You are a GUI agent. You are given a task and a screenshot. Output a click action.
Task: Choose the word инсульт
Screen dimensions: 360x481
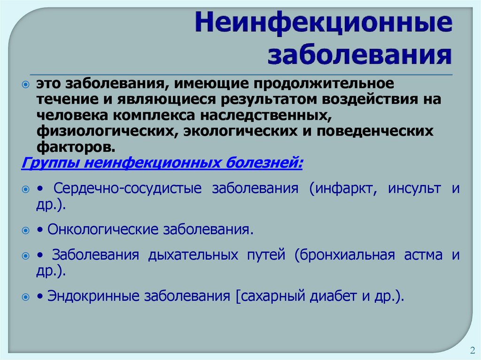pyautogui.click(x=414, y=189)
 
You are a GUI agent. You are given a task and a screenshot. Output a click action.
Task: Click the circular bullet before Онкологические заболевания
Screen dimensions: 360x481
pyautogui.click(x=25, y=231)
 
